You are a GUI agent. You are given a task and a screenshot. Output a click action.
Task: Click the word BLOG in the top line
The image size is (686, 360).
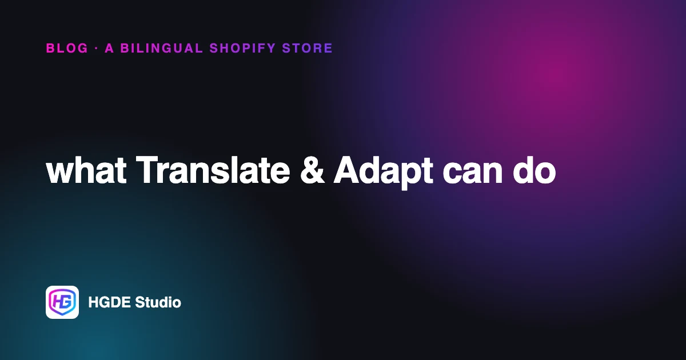pos(67,49)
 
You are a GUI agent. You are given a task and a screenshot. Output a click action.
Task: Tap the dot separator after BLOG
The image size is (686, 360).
pos(97,49)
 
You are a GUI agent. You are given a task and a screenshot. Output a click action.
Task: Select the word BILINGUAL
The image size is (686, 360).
pos(161,49)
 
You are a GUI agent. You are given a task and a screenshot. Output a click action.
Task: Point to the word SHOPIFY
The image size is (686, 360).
pos(242,49)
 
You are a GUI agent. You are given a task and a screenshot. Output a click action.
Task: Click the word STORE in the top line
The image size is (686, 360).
pos(308,49)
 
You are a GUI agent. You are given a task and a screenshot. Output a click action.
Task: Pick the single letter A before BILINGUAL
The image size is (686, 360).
pos(109,49)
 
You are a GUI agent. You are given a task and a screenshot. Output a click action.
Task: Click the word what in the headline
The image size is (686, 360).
pos(86,170)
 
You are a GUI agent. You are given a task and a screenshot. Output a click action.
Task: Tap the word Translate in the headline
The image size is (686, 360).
pos(213,170)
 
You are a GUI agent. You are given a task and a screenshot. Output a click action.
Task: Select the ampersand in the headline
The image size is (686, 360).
pos(312,170)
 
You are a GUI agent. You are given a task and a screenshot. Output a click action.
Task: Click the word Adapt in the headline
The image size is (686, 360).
pos(383,173)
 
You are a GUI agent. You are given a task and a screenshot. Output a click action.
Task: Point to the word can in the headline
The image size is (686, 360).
pos(473,173)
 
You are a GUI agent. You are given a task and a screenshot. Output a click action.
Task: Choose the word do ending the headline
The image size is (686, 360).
pos(535,170)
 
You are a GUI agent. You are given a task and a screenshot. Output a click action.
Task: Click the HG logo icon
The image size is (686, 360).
pos(62,302)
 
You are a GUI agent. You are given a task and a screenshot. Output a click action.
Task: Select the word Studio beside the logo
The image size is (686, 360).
pos(158,302)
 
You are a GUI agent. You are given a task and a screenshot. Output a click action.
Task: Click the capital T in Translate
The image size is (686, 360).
pos(148,170)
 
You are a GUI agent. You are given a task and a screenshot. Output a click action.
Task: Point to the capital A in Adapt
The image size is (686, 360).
pos(346,170)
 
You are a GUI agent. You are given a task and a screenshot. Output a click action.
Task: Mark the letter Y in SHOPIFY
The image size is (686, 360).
pos(271,49)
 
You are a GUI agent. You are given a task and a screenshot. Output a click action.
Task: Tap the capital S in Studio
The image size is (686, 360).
pos(139,302)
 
